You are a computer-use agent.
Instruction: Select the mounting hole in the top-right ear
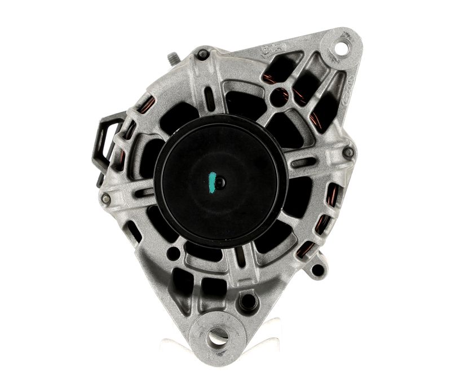[x=341, y=47]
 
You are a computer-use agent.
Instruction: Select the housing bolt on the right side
[x=348, y=152]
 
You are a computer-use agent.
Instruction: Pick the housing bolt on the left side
[x=105, y=198]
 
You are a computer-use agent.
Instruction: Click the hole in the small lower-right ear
[x=317, y=269]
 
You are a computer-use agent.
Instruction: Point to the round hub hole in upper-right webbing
[x=278, y=97]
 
